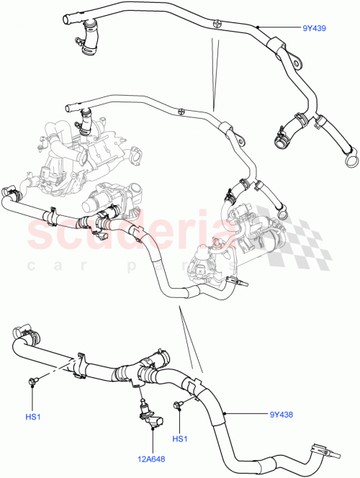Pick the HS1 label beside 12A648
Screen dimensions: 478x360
[180, 438]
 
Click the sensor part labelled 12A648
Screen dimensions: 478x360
[148, 416]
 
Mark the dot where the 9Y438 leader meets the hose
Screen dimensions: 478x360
[225, 414]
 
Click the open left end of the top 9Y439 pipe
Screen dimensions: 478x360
[66, 16]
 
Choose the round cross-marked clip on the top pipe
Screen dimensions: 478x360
[215, 22]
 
